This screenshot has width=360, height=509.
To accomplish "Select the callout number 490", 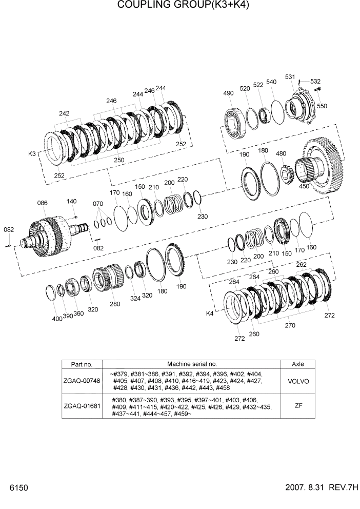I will click(x=228, y=93).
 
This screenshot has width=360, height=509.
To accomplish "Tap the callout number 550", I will click(x=322, y=106).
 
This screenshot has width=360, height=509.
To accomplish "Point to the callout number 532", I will click(x=315, y=82).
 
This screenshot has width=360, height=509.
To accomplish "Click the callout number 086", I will click(x=42, y=204).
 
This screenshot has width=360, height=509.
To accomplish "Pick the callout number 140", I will click(x=71, y=201).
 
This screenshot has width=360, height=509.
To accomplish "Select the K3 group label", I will click(x=32, y=154).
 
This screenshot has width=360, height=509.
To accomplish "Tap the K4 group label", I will click(x=210, y=313).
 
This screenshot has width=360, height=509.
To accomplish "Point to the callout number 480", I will click(x=281, y=154).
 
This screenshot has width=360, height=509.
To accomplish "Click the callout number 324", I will click(x=135, y=298).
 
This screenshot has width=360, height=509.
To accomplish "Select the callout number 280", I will click(x=115, y=304).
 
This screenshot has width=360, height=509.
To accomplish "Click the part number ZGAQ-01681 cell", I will click(x=82, y=406).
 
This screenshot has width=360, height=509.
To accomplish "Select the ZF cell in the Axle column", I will click(x=297, y=406).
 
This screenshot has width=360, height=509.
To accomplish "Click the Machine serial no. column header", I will click(x=192, y=364).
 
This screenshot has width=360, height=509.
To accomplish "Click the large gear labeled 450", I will click(x=323, y=164).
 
